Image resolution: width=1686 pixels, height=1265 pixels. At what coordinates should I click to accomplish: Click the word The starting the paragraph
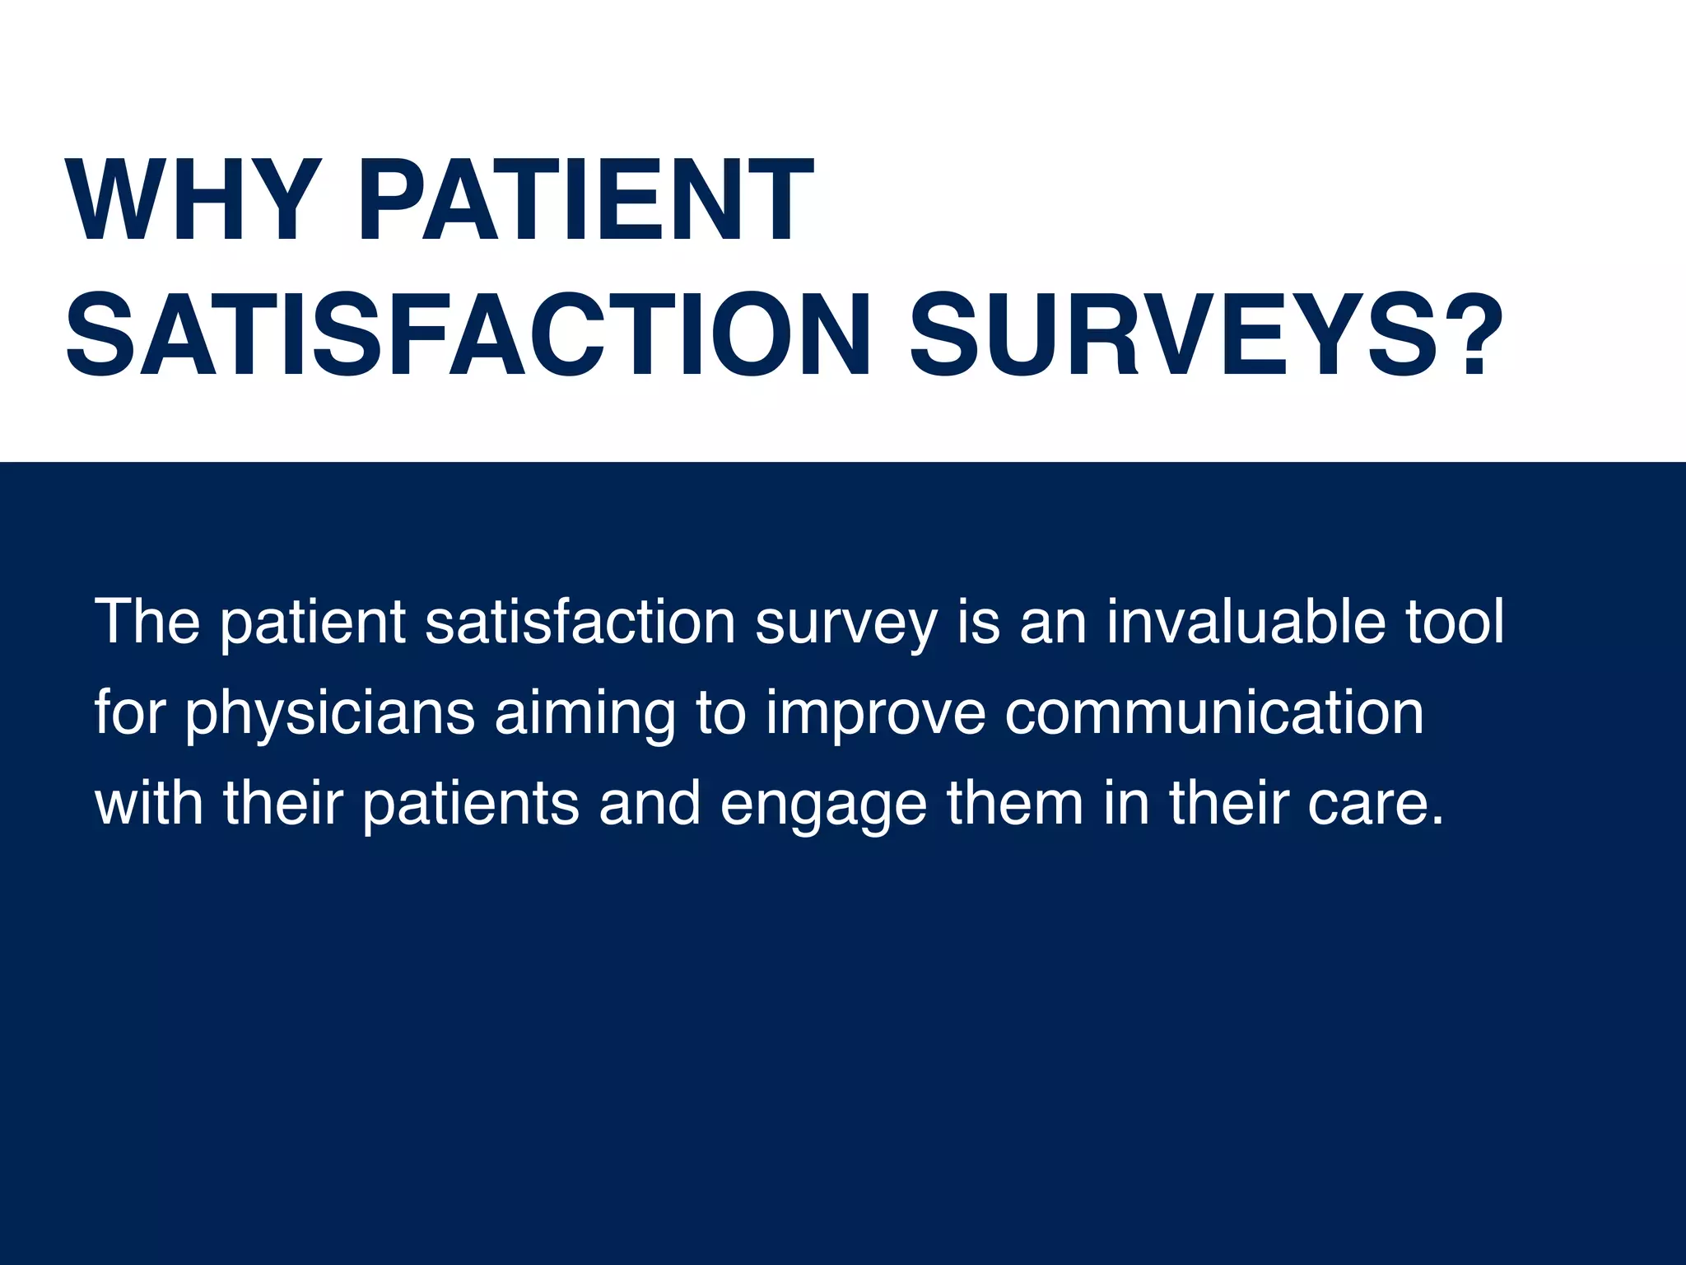pos(148,622)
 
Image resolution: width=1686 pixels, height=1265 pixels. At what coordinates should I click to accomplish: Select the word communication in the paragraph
pos(1214,712)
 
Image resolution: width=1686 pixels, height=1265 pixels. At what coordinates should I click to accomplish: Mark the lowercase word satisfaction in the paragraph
pos(580,622)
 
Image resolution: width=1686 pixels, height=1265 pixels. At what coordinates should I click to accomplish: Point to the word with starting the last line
pos(149,803)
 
